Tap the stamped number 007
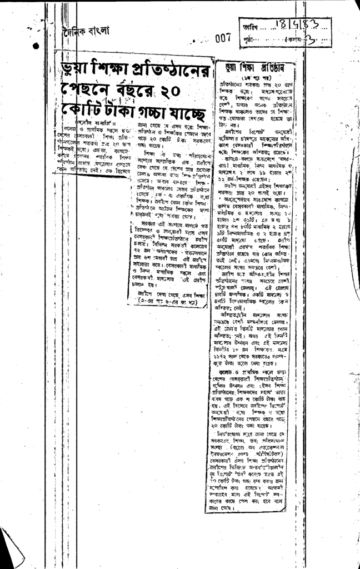[222, 38]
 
